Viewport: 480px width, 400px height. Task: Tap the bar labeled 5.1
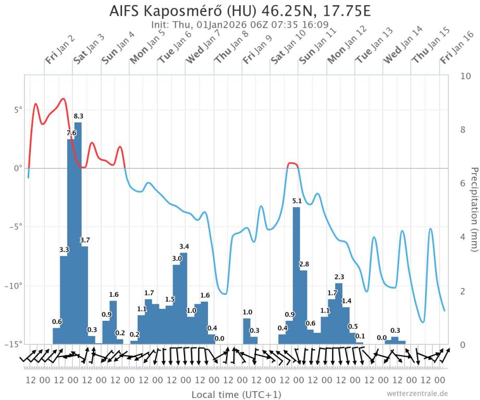(x=296, y=271)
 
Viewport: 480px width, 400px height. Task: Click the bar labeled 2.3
(x=339, y=312)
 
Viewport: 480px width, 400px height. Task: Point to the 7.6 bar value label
(x=71, y=133)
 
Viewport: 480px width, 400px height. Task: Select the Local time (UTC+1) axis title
(x=236, y=394)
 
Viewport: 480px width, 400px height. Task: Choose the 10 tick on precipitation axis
(x=466, y=76)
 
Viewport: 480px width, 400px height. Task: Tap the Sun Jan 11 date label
(x=313, y=48)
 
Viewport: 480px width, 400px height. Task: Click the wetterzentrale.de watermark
(x=417, y=394)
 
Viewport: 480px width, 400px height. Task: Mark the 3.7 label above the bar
(x=85, y=240)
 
